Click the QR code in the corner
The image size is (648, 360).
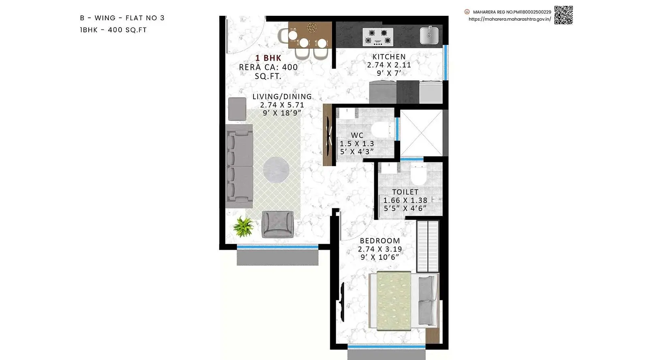pyautogui.click(x=563, y=15)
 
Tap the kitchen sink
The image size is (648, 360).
pyautogui.click(x=429, y=35)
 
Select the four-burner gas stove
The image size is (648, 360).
pyautogui.click(x=378, y=37)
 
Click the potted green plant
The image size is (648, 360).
pyautogui.click(x=243, y=227)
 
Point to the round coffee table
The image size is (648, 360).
pyautogui.click(x=276, y=170)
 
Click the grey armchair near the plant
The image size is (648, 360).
pyautogui.click(x=277, y=224)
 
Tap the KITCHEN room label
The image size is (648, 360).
pyautogui.click(x=389, y=57)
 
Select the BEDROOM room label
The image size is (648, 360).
pyautogui.click(x=380, y=241)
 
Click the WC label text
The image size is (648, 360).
pyautogui.click(x=357, y=135)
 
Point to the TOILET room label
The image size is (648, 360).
pyautogui.click(x=405, y=192)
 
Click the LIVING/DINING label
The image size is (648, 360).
pyautogui.click(x=282, y=96)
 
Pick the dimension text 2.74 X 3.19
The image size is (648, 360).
pyautogui.click(x=380, y=249)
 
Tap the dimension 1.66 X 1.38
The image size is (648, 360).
pyautogui.click(x=405, y=200)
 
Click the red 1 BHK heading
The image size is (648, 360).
pyautogui.click(x=268, y=58)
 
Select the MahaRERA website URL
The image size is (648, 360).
pyautogui.click(x=510, y=19)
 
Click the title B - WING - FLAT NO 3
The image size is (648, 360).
pyautogui.click(x=122, y=18)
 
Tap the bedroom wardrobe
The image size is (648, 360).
pyautogui.click(x=428, y=246)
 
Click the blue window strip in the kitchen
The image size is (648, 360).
pyautogui.click(x=446, y=62)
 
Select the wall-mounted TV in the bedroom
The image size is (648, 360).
pyautogui.click(x=342, y=302)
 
